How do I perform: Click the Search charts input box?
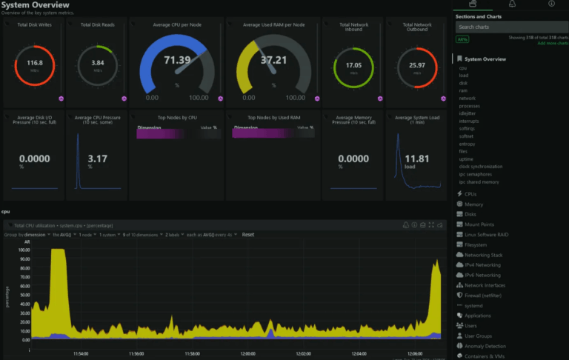(x=510, y=27)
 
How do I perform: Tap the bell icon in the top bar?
(x=511, y=4)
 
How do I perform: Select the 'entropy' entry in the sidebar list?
(x=467, y=144)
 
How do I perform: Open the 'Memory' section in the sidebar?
(x=473, y=204)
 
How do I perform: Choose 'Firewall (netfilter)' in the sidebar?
(x=487, y=296)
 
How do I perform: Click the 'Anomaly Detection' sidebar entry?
(x=485, y=346)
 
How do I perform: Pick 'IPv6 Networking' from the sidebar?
(x=482, y=276)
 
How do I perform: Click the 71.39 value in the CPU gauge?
(x=177, y=60)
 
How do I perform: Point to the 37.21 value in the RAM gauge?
(x=273, y=60)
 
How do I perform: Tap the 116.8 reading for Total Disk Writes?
(x=35, y=64)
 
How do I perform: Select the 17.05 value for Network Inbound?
(x=353, y=66)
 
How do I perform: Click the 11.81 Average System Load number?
(x=417, y=159)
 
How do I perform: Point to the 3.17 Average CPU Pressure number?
(x=97, y=159)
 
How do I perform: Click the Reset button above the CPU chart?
(x=248, y=235)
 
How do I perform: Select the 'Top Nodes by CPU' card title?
(x=177, y=118)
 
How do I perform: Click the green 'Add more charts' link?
(x=552, y=44)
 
